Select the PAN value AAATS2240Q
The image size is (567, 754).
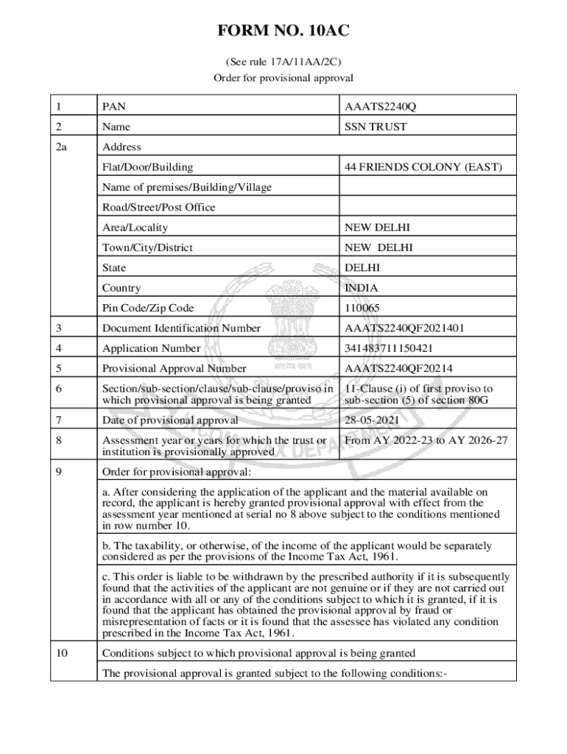coord(380,108)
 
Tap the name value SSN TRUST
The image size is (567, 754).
coord(376,127)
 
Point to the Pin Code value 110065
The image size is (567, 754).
coord(363,309)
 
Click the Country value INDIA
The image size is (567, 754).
coord(362,288)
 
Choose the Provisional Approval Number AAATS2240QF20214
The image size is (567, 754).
coord(398,369)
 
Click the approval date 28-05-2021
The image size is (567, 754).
coord(374,420)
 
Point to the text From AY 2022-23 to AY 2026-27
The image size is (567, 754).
coord(426,440)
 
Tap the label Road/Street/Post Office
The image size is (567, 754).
coord(158,208)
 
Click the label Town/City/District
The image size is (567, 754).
coord(147,248)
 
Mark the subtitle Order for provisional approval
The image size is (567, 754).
coord(283,77)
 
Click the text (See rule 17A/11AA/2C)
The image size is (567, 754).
coord(283,62)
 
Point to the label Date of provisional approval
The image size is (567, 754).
coord(170,420)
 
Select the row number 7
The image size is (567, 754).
coord(59,420)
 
